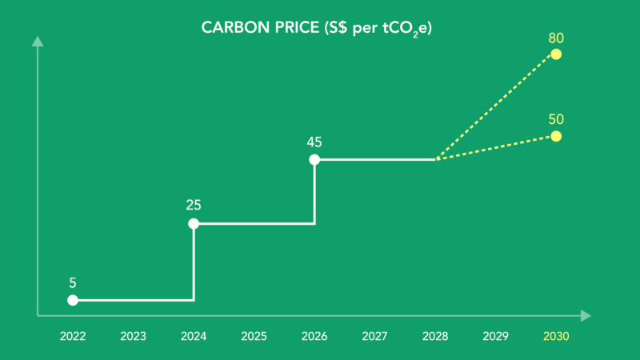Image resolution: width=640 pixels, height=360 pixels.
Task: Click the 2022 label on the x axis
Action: pyautogui.click(x=72, y=337)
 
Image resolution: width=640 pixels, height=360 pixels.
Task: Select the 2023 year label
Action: pyautogui.click(x=133, y=337)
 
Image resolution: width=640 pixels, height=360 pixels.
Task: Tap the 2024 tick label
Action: pyautogui.click(x=193, y=337)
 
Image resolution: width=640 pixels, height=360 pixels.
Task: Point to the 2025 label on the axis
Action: pyautogui.click(x=254, y=337)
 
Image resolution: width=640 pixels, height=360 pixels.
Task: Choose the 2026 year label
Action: pyautogui.click(x=314, y=337)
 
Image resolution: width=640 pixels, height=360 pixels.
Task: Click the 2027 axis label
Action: pyautogui.click(x=374, y=337)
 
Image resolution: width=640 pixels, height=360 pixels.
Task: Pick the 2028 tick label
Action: pyautogui.click(x=435, y=337)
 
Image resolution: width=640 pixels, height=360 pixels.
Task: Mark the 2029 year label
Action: pyautogui.click(x=495, y=337)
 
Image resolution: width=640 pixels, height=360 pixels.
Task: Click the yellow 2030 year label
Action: pyautogui.click(x=556, y=337)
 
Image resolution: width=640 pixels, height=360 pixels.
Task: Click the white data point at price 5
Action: pyautogui.click(x=73, y=300)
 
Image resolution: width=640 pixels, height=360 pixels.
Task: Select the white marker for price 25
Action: pyautogui.click(x=194, y=223)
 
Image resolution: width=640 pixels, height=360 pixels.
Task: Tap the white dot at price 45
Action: pyautogui.click(x=314, y=160)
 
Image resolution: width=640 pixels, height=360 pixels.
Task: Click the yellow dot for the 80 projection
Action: pyautogui.click(x=556, y=54)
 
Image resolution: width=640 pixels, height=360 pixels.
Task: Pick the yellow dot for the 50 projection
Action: pyautogui.click(x=556, y=136)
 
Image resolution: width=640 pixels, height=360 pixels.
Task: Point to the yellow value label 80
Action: pyautogui.click(x=556, y=38)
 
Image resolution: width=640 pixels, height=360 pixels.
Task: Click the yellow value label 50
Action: pyautogui.click(x=556, y=119)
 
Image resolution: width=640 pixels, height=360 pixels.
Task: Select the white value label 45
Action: pyautogui.click(x=314, y=142)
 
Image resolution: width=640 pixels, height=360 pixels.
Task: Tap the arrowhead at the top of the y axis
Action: pyautogui.click(x=37, y=39)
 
